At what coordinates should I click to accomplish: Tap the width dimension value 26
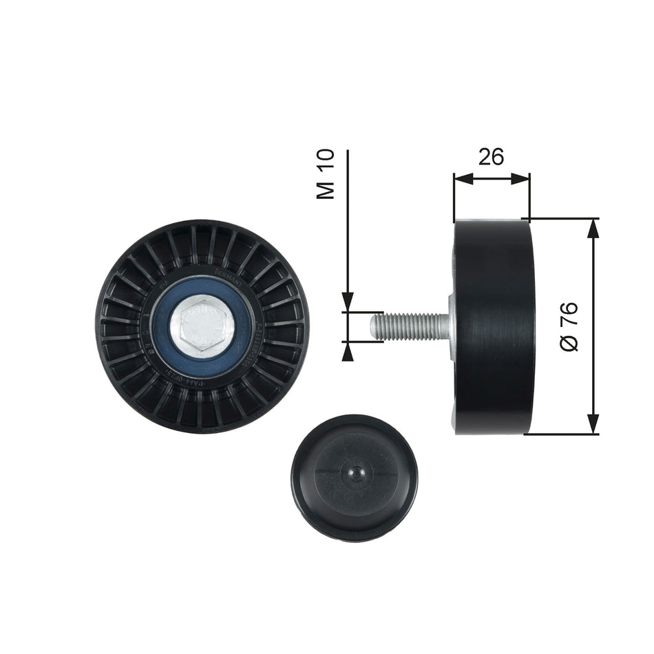[x=491, y=157]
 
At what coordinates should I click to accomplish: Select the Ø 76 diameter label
[x=569, y=326]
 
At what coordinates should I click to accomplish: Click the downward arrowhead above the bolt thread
[x=348, y=302]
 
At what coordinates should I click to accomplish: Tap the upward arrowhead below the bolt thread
[x=348, y=350]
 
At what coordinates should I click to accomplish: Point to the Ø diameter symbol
[x=569, y=342]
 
